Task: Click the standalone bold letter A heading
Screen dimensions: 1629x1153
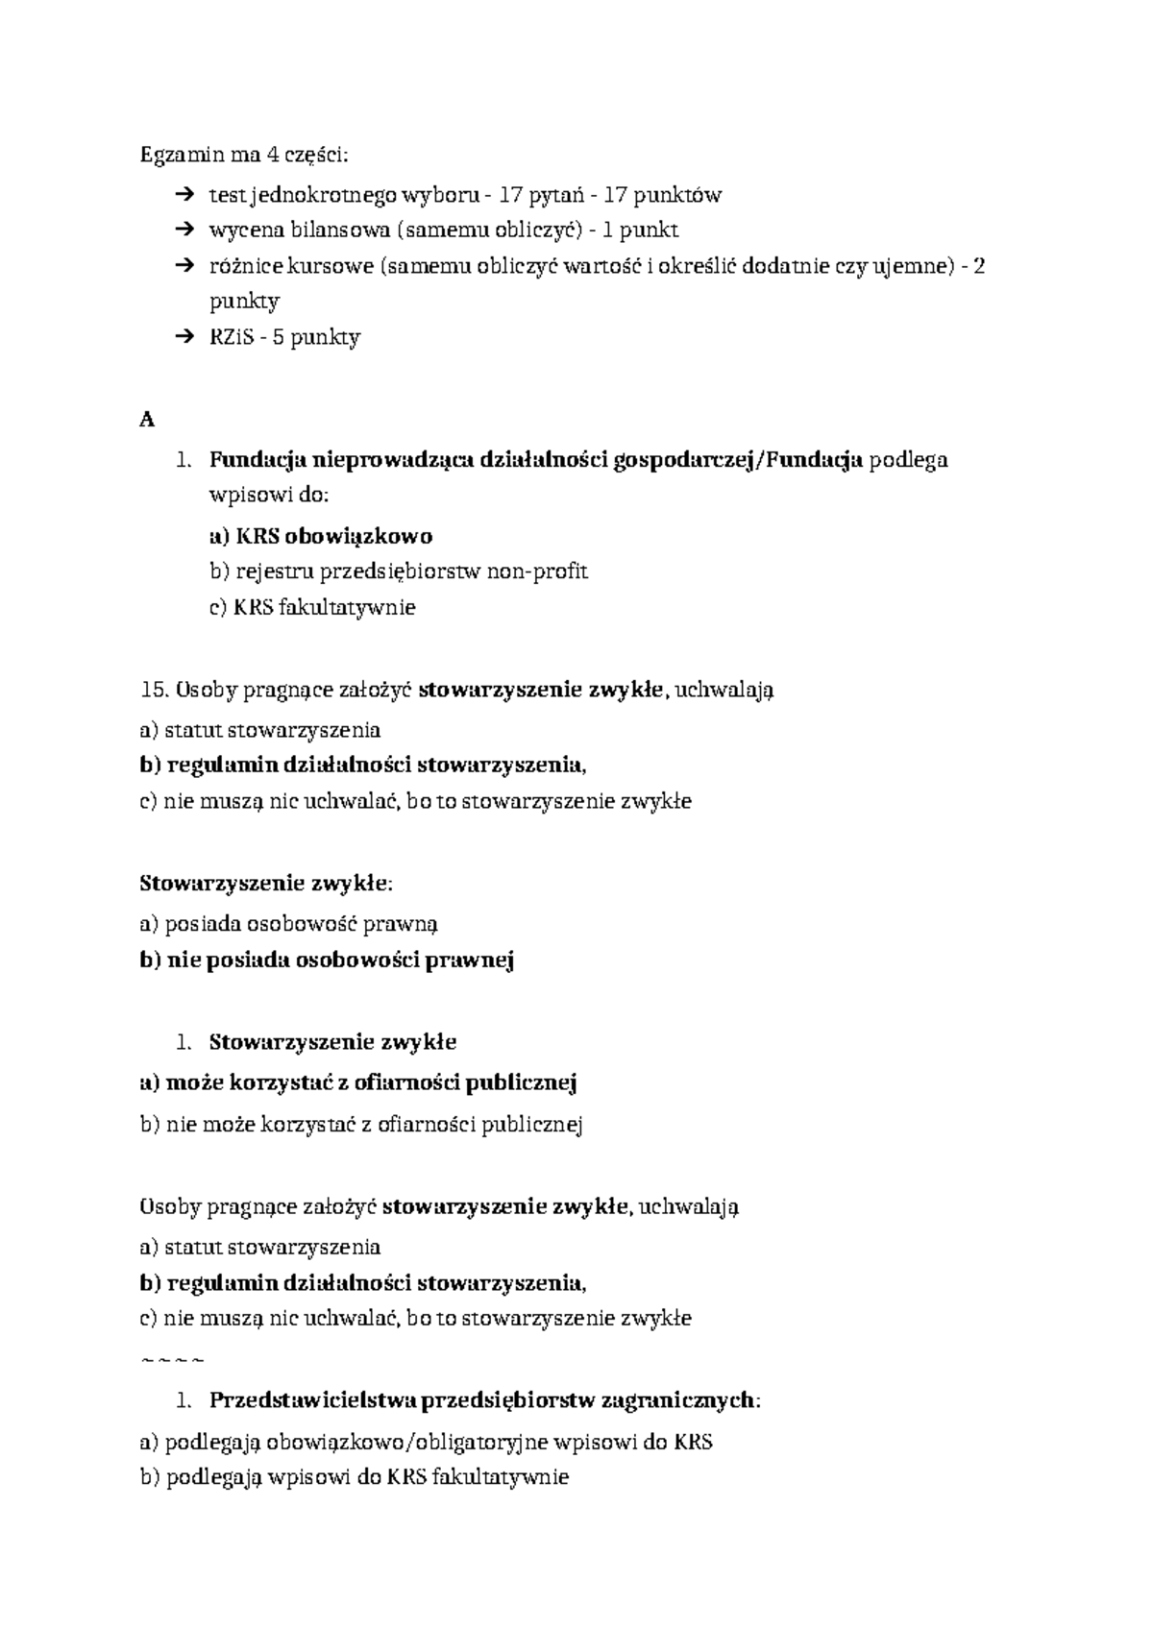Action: tap(147, 420)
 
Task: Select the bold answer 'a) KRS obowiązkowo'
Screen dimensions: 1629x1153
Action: tap(321, 536)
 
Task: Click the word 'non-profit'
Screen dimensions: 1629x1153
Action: tap(537, 571)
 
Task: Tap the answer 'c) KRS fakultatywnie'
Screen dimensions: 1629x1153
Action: tap(312, 607)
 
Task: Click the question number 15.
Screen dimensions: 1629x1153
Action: tap(154, 690)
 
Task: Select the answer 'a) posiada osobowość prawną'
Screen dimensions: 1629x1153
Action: tap(289, 924)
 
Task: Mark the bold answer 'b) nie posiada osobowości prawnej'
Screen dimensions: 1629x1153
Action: tap(328, 960)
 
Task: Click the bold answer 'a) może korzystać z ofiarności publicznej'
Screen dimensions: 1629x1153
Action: tap(357, 1083)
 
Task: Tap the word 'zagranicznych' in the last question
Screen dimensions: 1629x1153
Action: tap(678, 1400)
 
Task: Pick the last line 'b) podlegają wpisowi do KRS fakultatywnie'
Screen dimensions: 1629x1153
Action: tap(355, 1477)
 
